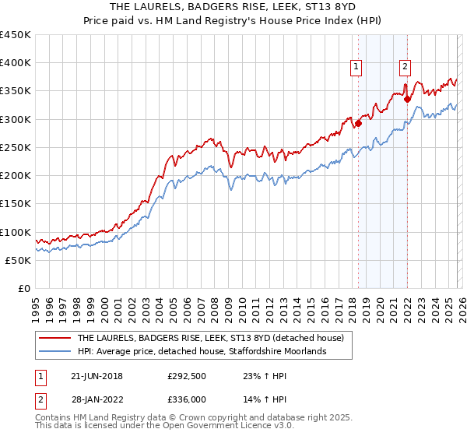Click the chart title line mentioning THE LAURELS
point(233,8)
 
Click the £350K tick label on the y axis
point(16,91)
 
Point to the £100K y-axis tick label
point(16,232)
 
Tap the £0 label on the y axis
point(23,288)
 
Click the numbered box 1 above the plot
point(356,68)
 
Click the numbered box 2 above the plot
point(406,68)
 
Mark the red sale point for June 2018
point(358,123)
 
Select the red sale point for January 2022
point(407,99)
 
